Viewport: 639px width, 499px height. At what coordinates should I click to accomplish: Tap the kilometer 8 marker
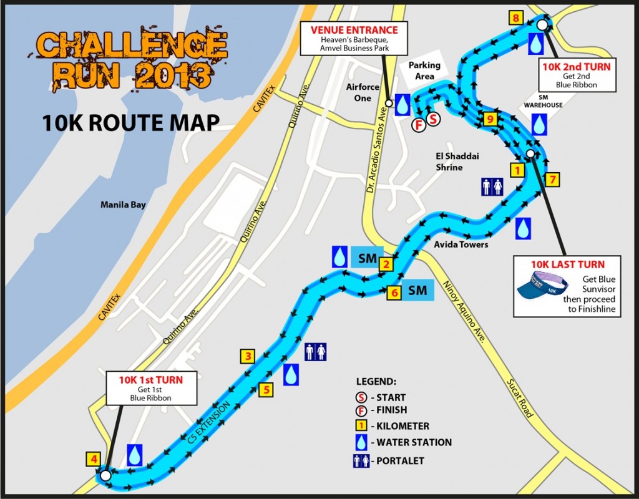pyautogui.click(x=515, y=17)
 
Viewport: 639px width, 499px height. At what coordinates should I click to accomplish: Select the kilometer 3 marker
pyautogui.click(x=248, y=357)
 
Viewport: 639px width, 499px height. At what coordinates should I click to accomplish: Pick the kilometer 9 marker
pyautogui.click(x=490, y=119)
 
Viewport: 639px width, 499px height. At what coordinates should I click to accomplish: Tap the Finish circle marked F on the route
pyautogui.click(x=419, y=124)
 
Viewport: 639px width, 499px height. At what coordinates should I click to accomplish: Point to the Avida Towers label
pyautogui.click(x=461, y=245)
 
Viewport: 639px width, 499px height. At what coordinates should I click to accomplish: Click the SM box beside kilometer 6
pyautogui.click(x=417, y=291)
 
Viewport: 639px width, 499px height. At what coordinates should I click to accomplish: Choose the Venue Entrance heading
pyautogui.click(x=355, y=30)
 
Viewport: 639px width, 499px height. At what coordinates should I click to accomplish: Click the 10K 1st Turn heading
pyautogui.click(x=150, y=379)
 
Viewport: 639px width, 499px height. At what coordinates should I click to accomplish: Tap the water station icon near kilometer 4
pyautogui.click(x=134, y=455)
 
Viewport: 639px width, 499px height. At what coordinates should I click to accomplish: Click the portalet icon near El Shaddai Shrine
pyautogui.click(x=492, y=187)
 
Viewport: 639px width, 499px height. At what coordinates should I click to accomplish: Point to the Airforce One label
pyautogui.click(x=363, y=92)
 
